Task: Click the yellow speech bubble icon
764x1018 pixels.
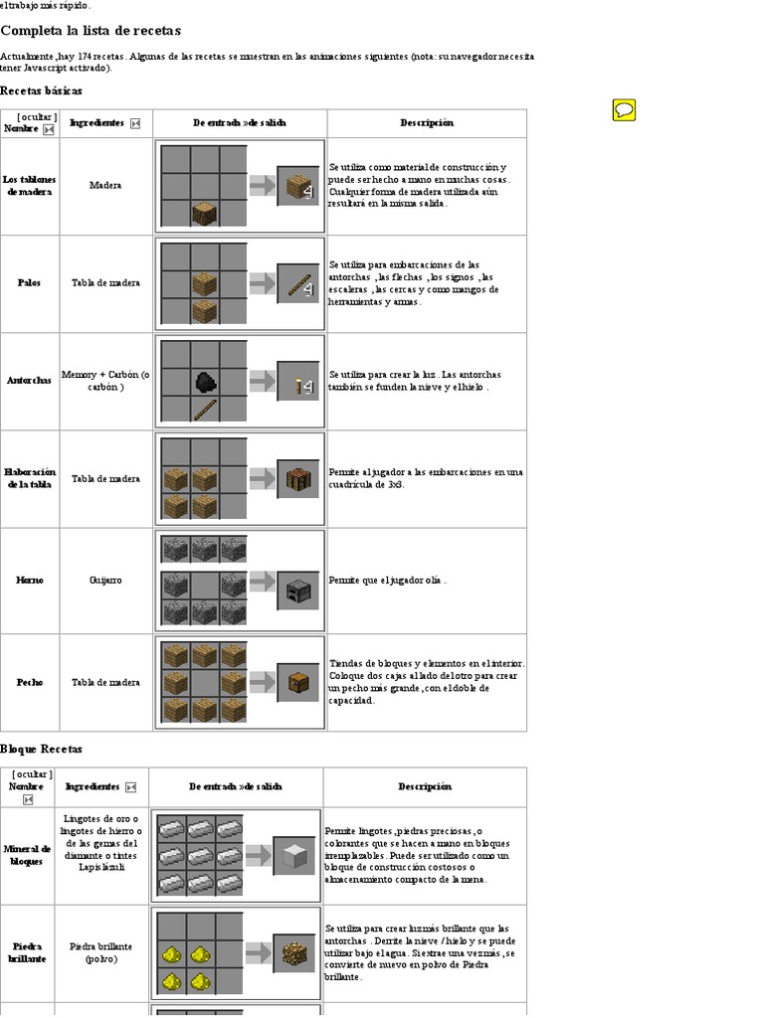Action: point(624,110)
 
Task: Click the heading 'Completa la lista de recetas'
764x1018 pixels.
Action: point(91,31)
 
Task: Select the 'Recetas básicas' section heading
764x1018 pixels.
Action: point(41,90)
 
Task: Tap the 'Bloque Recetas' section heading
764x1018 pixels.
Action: point(41,749)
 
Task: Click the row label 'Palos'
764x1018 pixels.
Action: point(30,283)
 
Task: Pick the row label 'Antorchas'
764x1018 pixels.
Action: point(30,381)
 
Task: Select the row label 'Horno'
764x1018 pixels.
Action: point(30,580)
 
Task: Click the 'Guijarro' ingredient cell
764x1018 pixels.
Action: point(105,580)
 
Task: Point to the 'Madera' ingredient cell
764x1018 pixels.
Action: point(105,185)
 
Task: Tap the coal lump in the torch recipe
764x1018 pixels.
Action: point(205,381)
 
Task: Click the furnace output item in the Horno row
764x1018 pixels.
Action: point(299,591)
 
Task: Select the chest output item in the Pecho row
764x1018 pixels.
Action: point(299,682)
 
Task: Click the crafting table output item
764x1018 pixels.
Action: point(299,478)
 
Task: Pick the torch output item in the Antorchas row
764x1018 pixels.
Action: point(299,382)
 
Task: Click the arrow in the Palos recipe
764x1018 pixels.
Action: point(263,283)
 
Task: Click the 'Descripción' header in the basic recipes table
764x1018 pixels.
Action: point(427,123)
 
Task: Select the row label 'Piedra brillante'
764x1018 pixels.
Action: point(28,952)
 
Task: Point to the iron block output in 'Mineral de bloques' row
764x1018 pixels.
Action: point(295,855)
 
